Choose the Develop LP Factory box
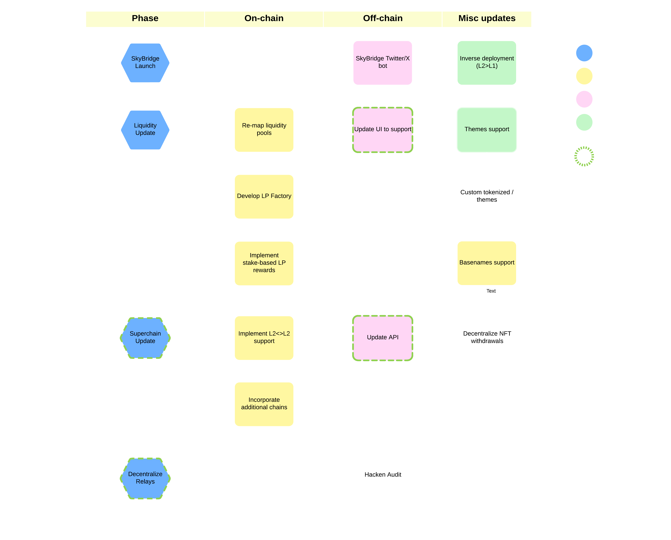(264, 196)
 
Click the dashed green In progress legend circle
(584, 156)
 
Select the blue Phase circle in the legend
(584, 53)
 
